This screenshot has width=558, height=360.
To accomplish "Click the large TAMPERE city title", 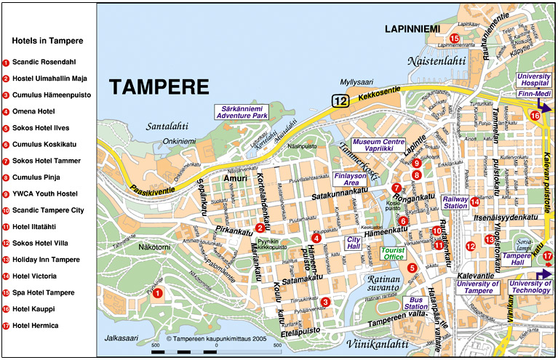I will [x=159, y=87].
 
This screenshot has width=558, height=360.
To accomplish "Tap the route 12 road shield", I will [x=340, y=102].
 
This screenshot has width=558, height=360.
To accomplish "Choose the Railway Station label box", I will [x=455, y=202].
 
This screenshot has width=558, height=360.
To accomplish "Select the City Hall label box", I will [x=354, y=242].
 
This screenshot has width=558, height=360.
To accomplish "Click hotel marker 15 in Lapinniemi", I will [x=455, y=39].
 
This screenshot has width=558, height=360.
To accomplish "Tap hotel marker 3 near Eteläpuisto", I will [x=325, y=302].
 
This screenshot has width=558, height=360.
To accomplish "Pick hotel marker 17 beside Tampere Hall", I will [x=548, y=255].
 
